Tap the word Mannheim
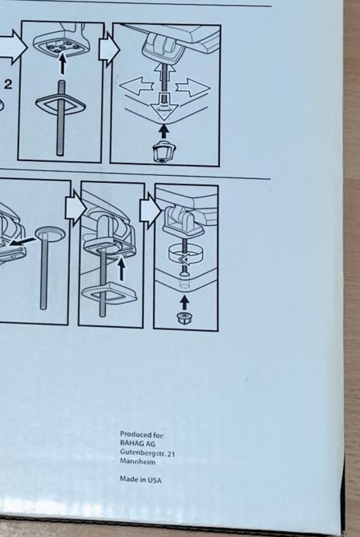(138, 462)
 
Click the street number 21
(171, 454)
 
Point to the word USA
(154, 480)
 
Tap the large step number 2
(9, 84)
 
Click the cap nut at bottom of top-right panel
(163, 150)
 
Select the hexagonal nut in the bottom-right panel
(184, 318)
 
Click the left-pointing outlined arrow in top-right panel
(136, 86)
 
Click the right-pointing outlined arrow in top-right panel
(193, 87)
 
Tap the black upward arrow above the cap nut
(164, 132)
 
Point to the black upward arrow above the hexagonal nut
(184, 303)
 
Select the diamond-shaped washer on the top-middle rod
(61, 104)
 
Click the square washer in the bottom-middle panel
(109, 293)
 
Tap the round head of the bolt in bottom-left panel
(50, 233)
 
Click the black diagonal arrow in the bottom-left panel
(22, 242)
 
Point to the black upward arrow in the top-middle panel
(62, 63)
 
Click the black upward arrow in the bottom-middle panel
(121, 269)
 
